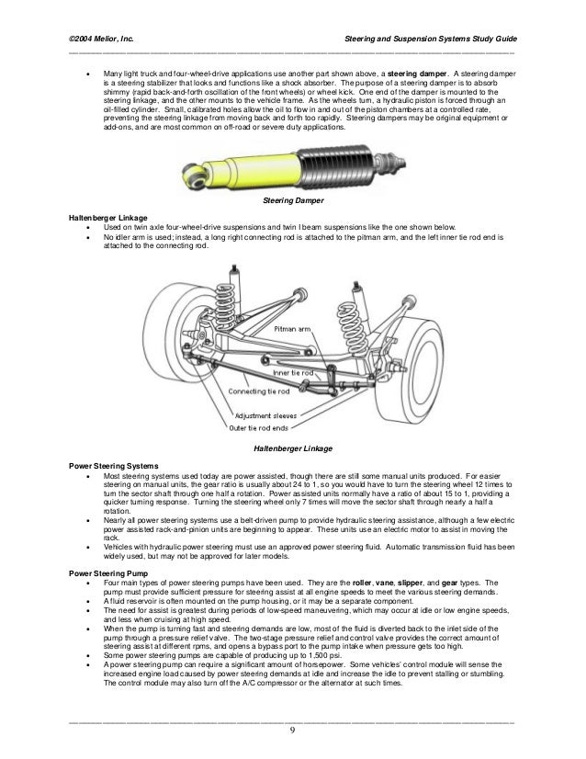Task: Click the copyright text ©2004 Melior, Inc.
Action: point(101,40)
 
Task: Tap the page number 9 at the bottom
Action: point(292,731)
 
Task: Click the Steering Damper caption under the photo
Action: point(292,198)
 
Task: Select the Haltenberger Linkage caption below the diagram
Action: point(292,448)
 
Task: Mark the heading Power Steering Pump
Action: point(110,572)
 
